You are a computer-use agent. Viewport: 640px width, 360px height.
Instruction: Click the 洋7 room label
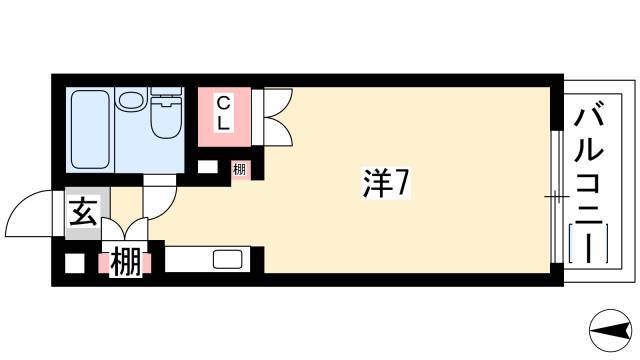coord(386,183)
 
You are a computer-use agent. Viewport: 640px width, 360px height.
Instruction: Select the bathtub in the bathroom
coord(90,129)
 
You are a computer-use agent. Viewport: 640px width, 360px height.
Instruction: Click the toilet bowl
coord(166,117)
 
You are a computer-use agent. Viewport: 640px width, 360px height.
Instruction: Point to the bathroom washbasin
coord(131,100)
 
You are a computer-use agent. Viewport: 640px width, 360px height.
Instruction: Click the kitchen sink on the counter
coord(228,260)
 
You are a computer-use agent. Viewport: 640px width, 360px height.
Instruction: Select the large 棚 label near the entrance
coord(125,262)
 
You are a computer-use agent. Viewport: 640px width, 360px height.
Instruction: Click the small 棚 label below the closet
coord(240,169)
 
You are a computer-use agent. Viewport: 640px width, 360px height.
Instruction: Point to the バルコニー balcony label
coord(588,186)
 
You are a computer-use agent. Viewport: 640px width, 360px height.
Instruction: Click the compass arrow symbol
coord(611,330)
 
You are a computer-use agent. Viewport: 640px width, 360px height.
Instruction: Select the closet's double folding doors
coord(278,117)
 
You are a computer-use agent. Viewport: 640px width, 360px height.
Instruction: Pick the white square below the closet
coord(208,167)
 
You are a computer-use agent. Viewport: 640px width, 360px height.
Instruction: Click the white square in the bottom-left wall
coord(75,263)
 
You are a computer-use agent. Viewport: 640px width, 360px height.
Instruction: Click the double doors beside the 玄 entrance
coord(124,229)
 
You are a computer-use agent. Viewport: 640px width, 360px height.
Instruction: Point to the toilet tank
coord(166,92)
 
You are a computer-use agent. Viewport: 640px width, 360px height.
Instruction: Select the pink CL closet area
coord(224,117)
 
